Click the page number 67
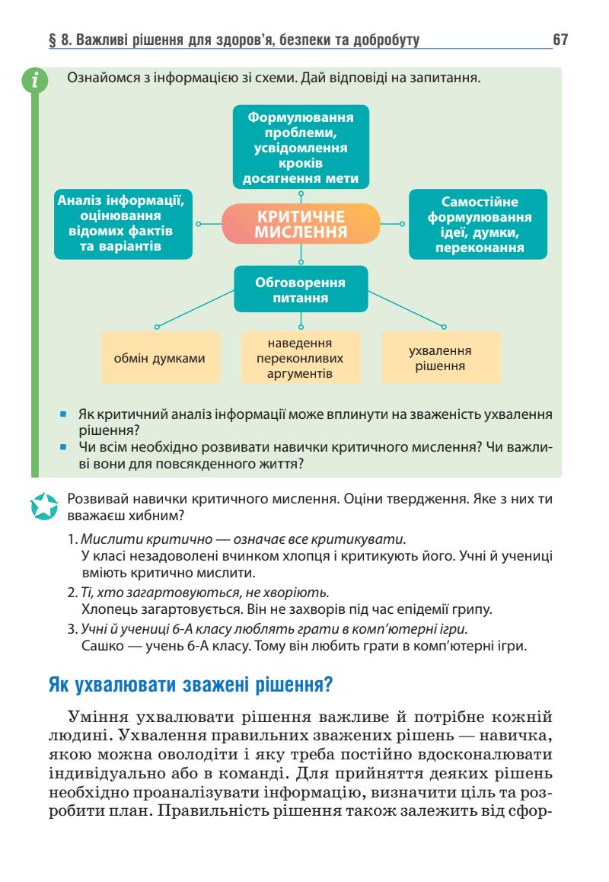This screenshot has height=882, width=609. point(560,39)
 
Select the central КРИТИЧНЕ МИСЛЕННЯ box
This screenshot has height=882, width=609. point(300,224)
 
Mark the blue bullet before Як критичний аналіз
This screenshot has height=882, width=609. point(66,414)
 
